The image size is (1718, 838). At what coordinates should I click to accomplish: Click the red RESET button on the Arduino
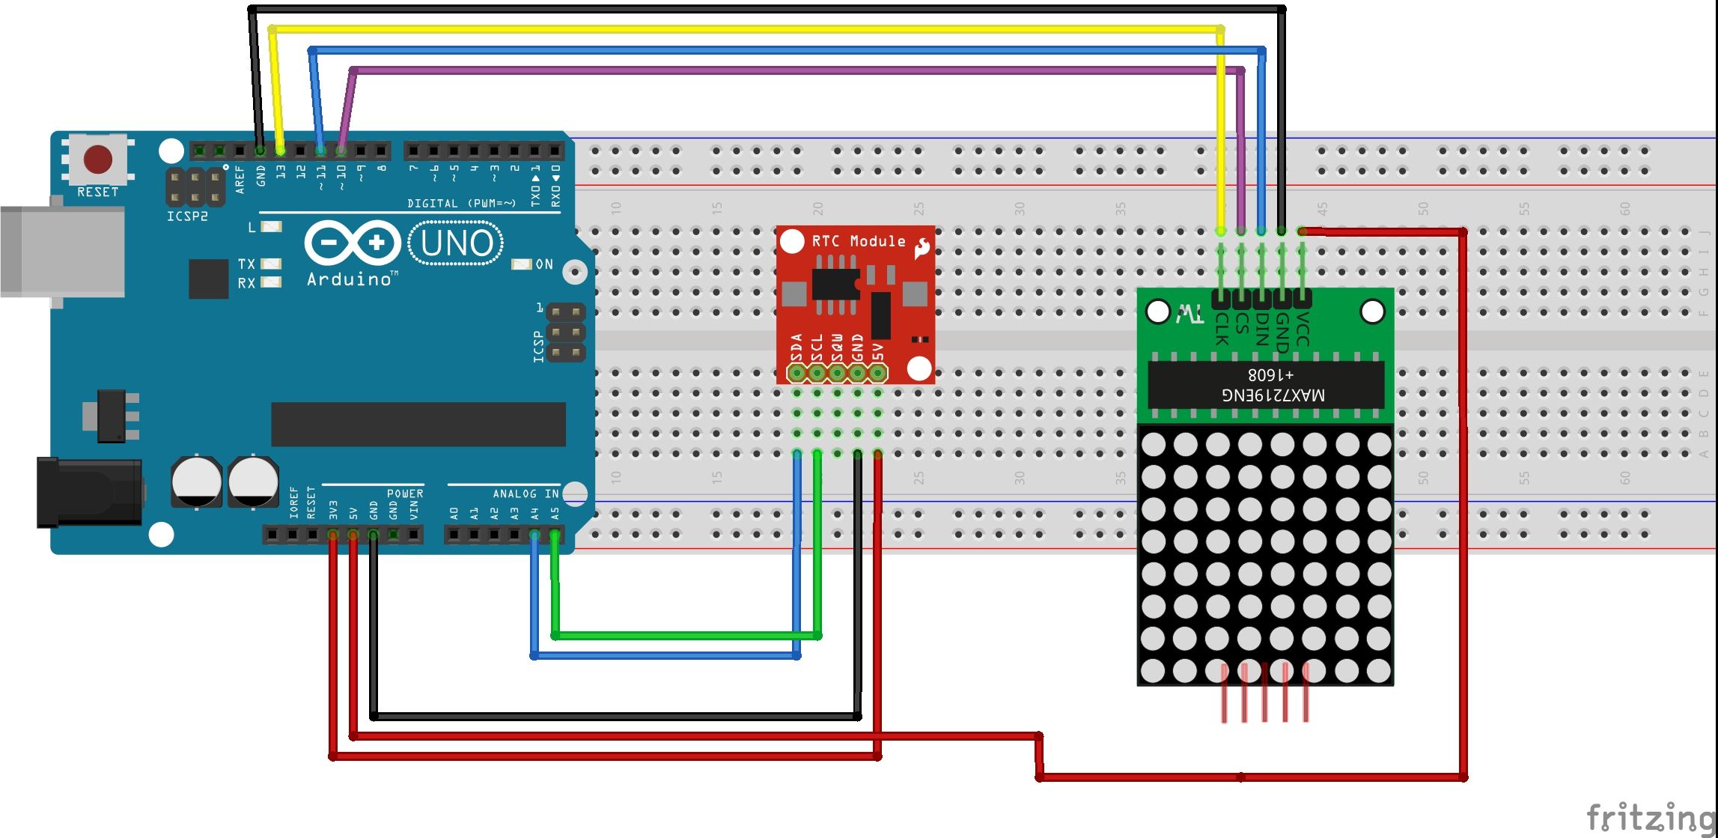click(x=98, y=159)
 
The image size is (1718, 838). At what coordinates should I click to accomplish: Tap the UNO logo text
click(x=457, y=243)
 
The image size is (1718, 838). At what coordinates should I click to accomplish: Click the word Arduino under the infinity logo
click(x=350, y=279)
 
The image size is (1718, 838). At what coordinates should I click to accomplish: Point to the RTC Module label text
click(x=858, y=241)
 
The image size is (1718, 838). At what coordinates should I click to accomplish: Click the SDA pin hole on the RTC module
click(x=797, y=373)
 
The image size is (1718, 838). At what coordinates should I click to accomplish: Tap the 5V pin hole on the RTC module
click(x=878, y=373)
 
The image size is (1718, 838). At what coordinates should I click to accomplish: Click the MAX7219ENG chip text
click(x=1273, y=394)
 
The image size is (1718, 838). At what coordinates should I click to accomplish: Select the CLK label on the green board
click(x=1221, y=330)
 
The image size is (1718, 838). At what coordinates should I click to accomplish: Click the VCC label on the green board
click(x=1303, y=330)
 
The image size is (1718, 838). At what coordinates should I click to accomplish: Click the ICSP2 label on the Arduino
click(x=187, y=216)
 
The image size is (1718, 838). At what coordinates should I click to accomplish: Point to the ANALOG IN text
click(x=526, y=494)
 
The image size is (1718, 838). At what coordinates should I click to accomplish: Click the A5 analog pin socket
click(x=555, y=535)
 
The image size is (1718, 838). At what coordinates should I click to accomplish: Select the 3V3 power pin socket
click(x=333, y=535)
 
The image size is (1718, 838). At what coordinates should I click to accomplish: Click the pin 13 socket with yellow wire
click(x=281, y=151)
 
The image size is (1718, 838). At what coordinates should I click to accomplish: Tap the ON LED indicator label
click(x=544, y=264)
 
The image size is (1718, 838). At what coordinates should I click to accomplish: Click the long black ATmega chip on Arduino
click(x=418, y=425)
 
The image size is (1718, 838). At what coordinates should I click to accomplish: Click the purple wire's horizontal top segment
click(x=793, y=71)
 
